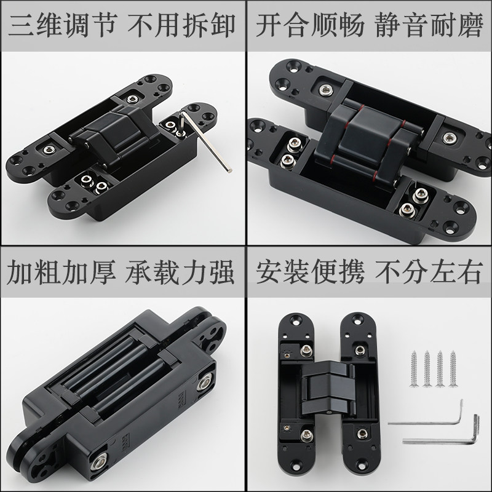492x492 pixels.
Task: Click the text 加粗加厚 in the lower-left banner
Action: coord(59,271)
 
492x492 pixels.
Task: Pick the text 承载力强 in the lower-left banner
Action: coord(177,271)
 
